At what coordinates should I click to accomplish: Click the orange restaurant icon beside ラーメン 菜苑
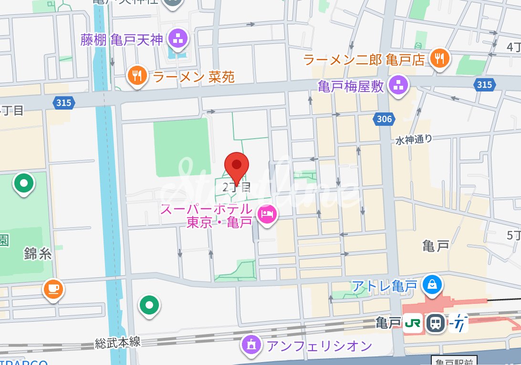[x=138, y=76]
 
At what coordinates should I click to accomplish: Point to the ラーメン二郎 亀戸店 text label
[x=364, y=60]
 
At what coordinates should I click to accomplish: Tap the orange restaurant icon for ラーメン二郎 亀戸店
[x=438, y=59]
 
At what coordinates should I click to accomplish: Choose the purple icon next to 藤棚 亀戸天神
[x=178, y=40]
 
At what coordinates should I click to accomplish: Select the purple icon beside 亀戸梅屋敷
[x=397, y=86]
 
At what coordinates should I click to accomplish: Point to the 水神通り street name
[x=414, y=140]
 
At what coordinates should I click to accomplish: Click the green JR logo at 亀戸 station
[x=412, y=324]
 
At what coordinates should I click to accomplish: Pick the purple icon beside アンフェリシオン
[x=252, y=344]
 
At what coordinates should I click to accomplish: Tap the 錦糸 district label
[x=37, y=254]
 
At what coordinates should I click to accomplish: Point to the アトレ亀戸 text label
[x=384, y=286]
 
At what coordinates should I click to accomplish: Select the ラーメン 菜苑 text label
[x=194, y=76]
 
